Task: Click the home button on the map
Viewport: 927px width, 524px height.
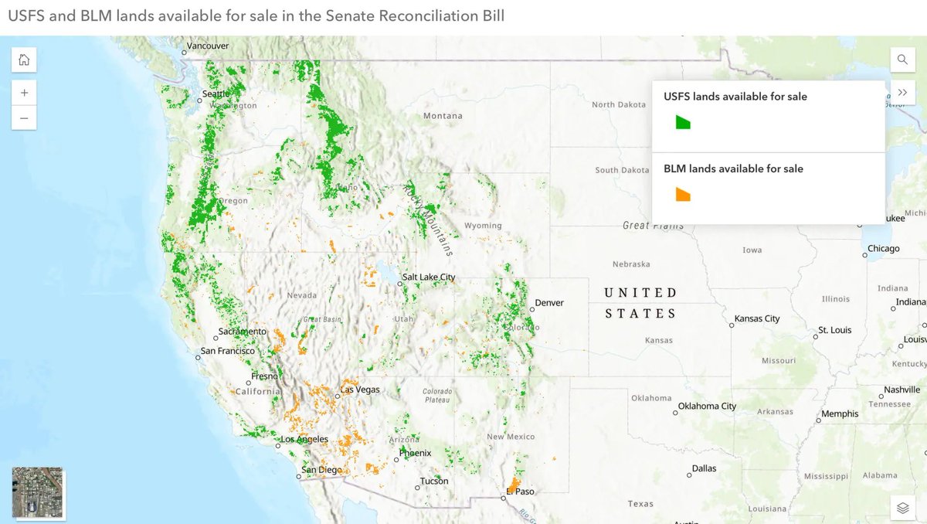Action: [x=24, y=60]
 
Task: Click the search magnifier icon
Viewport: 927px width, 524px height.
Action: [x=902, y=60]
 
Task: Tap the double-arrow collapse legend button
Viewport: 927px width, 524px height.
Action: [x=902, y=92]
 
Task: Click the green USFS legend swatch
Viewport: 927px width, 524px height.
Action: [x=683, y=122]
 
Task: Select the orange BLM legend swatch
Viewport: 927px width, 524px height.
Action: [x=683, y=194]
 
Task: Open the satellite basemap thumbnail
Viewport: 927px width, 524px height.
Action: [x=39, y=492]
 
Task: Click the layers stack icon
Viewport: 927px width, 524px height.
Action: [x=902, y=508]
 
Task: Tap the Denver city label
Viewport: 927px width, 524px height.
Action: [x=549, y=303]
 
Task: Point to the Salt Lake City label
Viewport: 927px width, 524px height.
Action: [x=429, y=277]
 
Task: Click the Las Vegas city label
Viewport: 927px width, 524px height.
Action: [x=360, y=390]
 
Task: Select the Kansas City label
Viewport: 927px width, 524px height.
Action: [x=757, y=318]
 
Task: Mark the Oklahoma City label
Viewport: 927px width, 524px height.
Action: [x=707, y=406]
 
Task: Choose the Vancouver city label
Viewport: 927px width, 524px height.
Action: [x=208, y=46]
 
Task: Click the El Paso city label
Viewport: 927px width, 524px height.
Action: [x=520, y=492]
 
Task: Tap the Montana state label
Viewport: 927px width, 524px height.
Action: [x=443, y=116]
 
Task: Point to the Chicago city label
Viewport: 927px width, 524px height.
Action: [x=883, y=249]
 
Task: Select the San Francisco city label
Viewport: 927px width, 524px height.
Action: [x=227, y=351]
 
